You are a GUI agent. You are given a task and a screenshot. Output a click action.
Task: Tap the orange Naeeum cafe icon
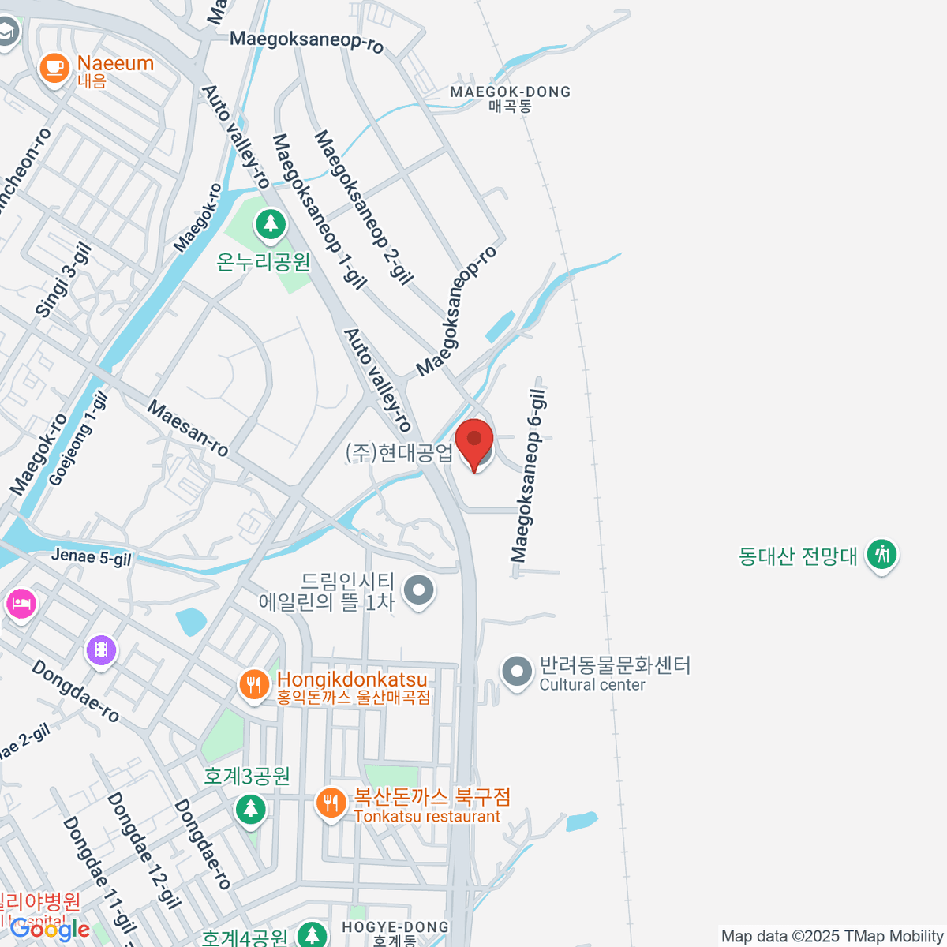(54, 67)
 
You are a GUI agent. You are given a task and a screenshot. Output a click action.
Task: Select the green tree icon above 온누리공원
(271, 225)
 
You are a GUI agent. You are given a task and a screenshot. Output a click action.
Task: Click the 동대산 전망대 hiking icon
(881, 555)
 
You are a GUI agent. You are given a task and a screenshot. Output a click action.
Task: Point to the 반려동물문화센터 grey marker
(517, 673)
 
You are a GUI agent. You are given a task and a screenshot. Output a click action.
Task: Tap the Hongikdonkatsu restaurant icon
(253, 685)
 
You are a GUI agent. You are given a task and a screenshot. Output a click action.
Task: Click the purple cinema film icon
(101, 651)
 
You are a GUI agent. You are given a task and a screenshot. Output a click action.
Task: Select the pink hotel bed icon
(21, 605)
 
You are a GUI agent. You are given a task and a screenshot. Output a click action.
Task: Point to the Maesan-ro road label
(188, 429)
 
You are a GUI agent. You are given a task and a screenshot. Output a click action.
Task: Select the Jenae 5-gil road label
(92, 557)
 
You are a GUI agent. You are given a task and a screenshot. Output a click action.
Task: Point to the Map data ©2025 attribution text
(832, 936)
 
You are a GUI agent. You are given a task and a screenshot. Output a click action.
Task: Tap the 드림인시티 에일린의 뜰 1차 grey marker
(419, 590)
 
